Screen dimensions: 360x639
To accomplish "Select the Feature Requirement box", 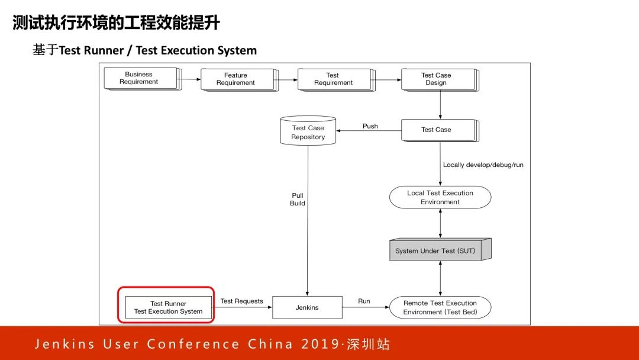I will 236,79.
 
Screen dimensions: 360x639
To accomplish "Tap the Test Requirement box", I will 333,79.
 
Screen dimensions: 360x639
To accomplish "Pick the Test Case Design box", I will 437,79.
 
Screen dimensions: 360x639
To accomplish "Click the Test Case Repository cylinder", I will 308,131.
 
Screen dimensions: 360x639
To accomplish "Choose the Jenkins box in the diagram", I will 307,307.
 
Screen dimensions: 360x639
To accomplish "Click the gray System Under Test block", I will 435,250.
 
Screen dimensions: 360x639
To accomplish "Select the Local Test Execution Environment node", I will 440,197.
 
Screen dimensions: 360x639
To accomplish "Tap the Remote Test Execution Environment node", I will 440,307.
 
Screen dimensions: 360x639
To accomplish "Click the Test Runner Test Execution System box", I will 168,307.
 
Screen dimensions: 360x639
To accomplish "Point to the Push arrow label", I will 370,126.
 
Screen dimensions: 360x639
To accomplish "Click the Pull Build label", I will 298,199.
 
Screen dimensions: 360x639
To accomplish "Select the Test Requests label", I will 241,301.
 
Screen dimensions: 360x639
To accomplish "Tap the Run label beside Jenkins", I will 364,301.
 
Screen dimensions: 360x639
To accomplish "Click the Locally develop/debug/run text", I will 483,165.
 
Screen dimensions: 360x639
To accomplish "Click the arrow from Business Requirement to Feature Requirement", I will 191,79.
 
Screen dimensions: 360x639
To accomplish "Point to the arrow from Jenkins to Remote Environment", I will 366,308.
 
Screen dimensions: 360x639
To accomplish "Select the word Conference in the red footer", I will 193,344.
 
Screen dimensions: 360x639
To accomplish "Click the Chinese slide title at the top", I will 116,23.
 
